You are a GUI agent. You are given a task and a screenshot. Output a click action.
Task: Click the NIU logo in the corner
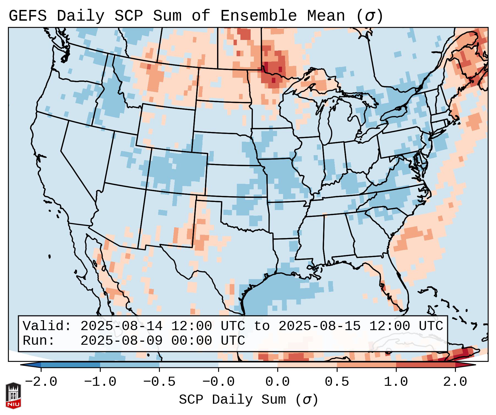13,395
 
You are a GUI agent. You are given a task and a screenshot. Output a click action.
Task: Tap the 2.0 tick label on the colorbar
455,382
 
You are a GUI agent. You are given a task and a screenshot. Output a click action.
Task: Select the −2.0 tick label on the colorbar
41,382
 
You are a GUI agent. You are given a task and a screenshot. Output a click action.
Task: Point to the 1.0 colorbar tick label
396,382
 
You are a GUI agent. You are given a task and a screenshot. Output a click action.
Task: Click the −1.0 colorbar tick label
100,382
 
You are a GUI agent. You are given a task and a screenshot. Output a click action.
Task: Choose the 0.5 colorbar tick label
337,382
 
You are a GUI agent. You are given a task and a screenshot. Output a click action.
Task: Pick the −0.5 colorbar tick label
159,382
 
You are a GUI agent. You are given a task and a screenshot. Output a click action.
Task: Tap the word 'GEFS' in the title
28,16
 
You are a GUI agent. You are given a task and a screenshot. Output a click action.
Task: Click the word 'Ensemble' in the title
259,16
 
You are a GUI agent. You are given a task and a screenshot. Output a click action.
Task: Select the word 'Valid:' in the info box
47,326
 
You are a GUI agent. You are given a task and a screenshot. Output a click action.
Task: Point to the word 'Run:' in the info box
39,341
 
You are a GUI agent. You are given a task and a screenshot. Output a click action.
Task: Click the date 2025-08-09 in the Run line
121,341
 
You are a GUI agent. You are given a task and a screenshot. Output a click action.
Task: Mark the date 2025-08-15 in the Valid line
320,326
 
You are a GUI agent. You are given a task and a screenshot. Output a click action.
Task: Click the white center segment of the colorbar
248,365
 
